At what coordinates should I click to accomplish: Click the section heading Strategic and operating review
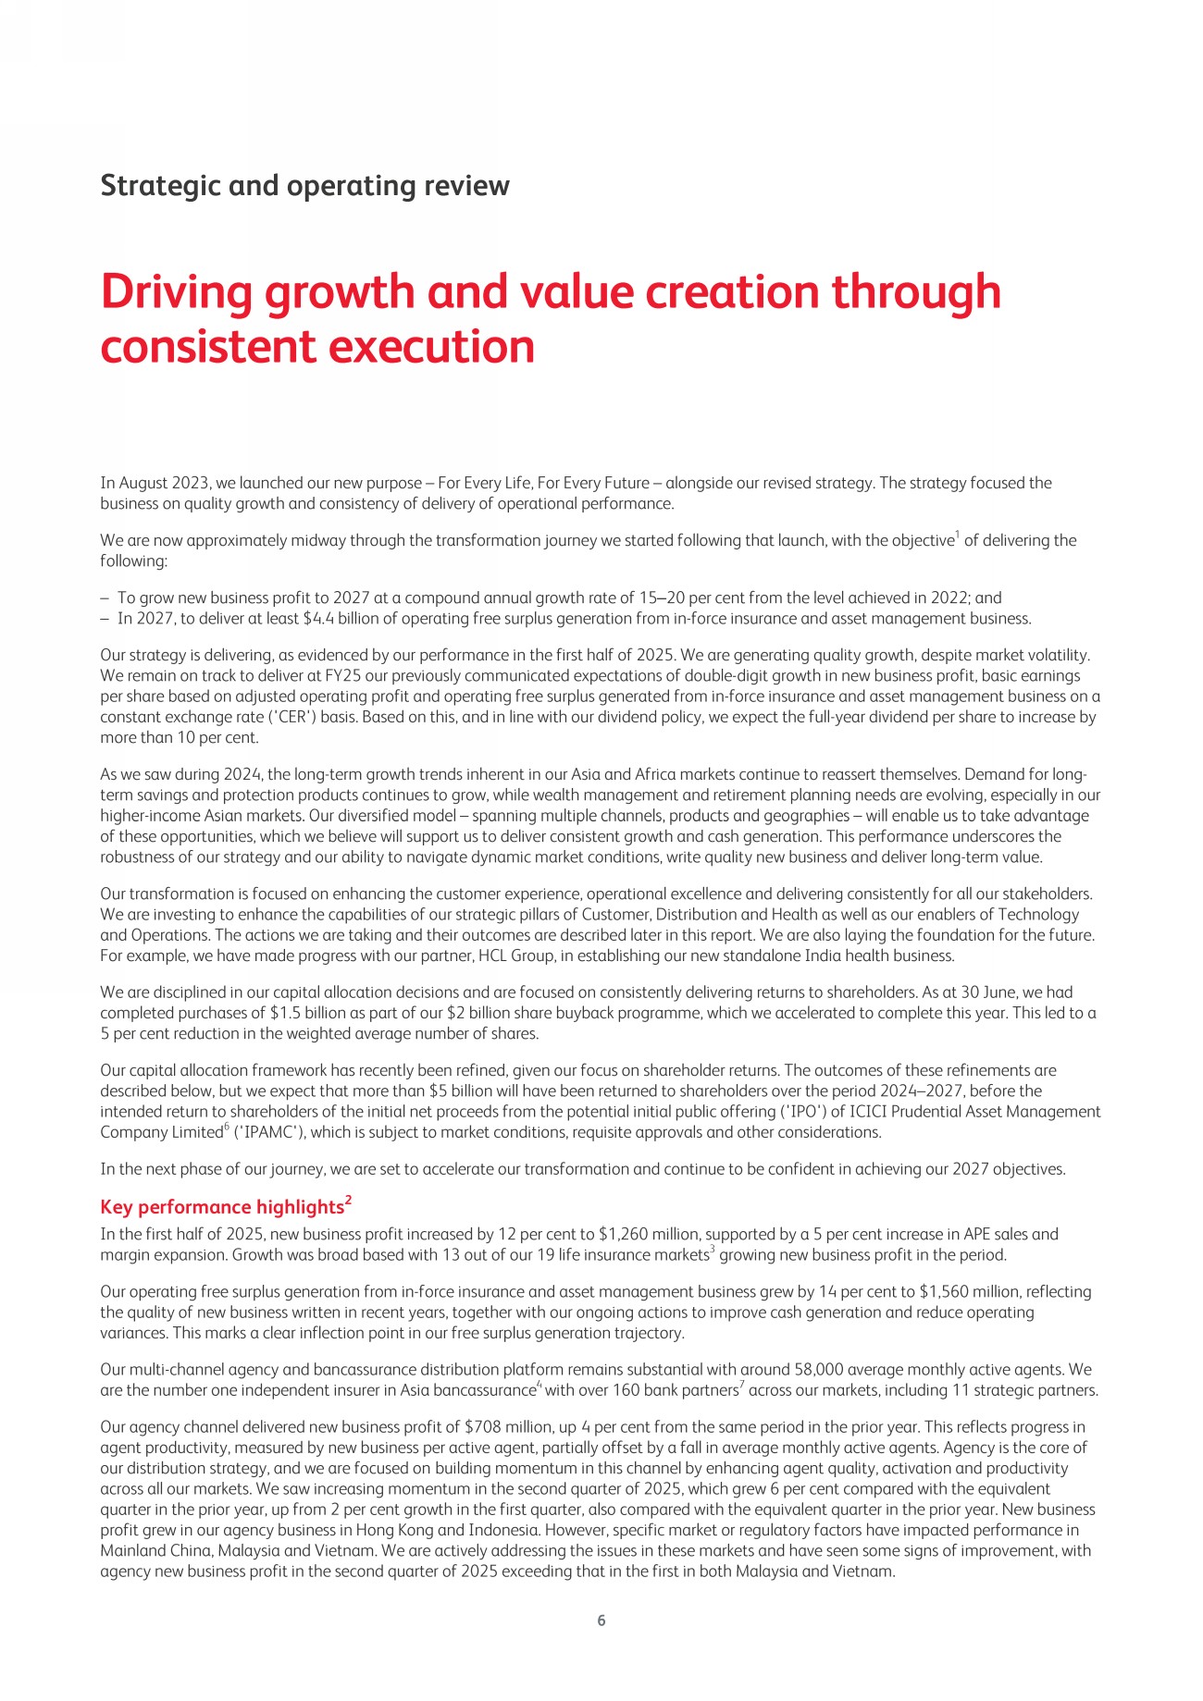pos(304,186)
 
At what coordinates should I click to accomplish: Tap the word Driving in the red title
pos(176,292)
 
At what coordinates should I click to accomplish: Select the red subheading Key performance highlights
pos(221,1207)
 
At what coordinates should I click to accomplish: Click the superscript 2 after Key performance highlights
pos(348,1201)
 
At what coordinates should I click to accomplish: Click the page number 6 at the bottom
pos(601,1620)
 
